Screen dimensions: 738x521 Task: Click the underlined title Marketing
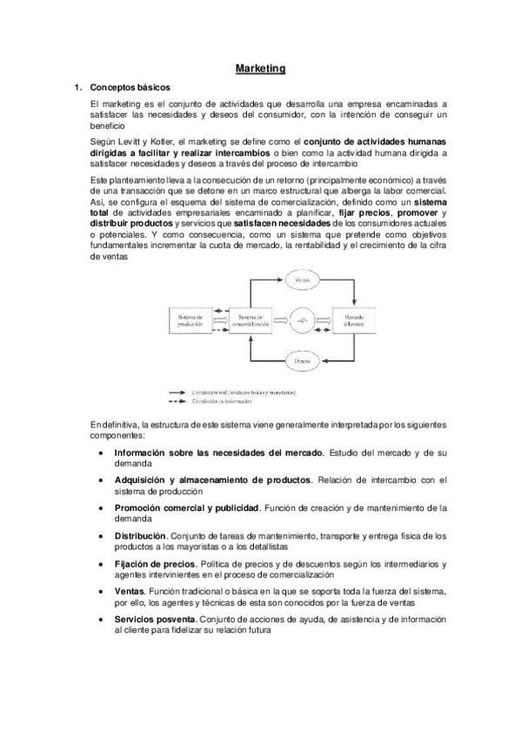pos(261,67)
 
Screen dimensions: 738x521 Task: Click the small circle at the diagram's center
pos(302,319)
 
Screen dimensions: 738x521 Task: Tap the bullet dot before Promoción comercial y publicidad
pos(104,507)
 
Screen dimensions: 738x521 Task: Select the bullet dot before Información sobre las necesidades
pos(104,453)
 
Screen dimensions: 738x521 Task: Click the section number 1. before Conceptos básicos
pos(77,87)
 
